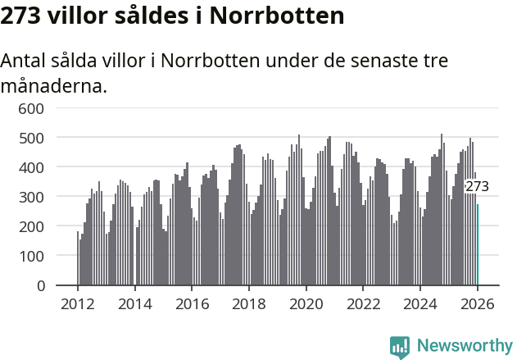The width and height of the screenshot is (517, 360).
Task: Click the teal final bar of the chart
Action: coord(478,245)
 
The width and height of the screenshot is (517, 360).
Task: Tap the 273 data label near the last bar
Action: coord(477,187)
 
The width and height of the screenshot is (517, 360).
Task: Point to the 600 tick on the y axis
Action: coord(31,108)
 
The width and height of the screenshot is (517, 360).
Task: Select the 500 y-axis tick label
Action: coord(31,138)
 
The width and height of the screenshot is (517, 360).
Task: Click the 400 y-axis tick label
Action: coord(31,167)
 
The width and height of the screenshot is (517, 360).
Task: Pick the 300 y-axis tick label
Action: coord(31,197)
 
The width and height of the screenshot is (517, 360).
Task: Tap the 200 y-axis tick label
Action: coord(31,226)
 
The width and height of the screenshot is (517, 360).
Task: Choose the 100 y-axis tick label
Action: coord(31,256)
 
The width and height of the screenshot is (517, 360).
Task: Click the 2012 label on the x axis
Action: coord(78,303)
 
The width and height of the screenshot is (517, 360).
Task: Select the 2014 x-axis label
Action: coord(135,303)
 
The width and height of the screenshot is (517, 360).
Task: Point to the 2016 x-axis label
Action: coord(192,303)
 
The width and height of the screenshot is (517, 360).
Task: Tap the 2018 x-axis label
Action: coord(249,303)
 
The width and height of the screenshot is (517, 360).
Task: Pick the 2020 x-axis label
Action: coord(306,303)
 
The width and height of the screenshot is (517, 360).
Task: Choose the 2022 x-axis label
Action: coord(363,303)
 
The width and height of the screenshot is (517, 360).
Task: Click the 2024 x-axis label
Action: coord(420,303)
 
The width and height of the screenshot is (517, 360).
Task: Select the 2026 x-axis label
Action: coord(477,303)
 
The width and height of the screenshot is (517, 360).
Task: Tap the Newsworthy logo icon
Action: coord(400,346)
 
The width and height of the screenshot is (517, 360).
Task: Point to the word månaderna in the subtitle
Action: coord(54,85)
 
